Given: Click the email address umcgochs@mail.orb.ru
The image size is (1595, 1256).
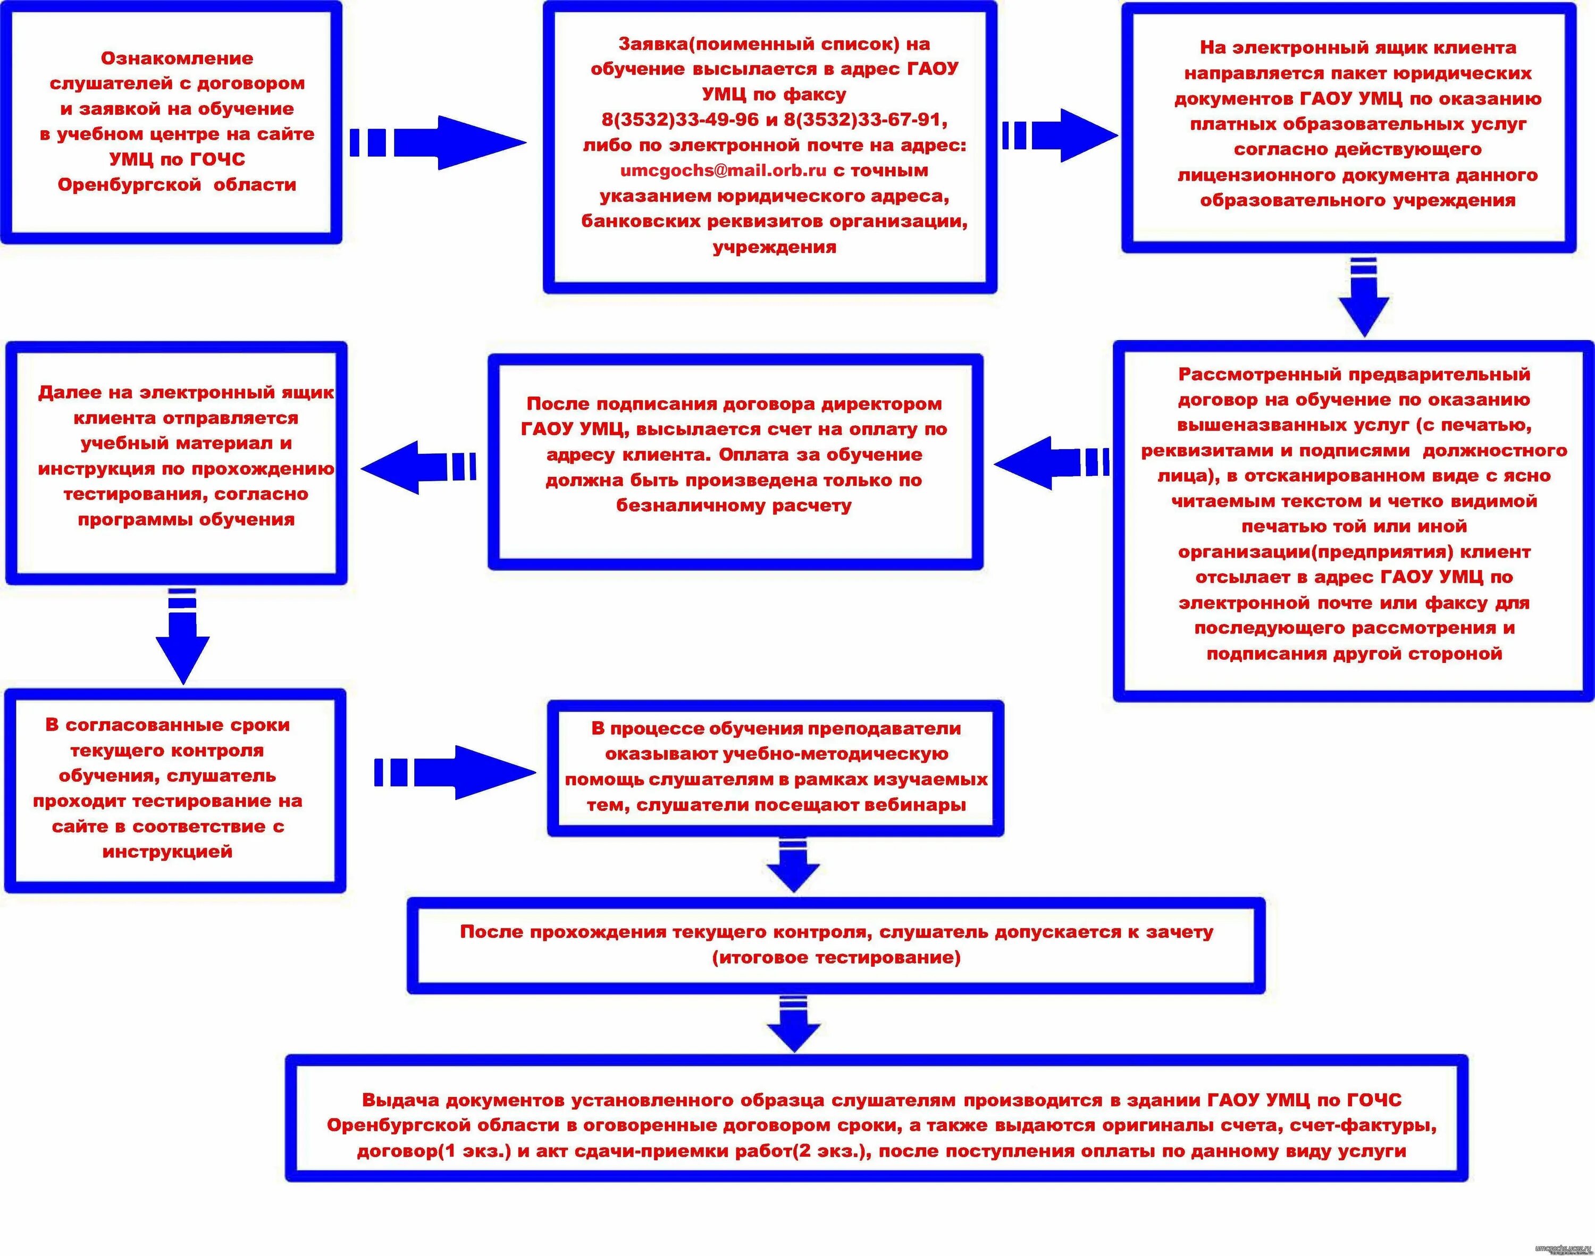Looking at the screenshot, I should click(724, 171).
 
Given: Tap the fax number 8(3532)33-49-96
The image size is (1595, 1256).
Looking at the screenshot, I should click(680, 120).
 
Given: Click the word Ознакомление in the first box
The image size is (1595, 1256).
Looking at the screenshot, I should click(177, 58).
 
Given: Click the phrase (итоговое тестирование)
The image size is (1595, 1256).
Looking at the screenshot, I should click(836, 957).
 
